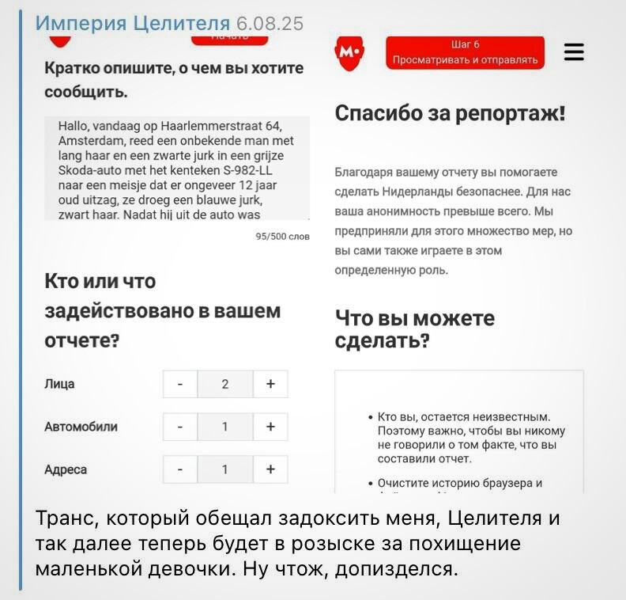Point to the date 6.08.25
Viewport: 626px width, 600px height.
[270, 23]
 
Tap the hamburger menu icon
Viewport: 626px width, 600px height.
[574, 53]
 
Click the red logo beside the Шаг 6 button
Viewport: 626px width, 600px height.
[349, 52]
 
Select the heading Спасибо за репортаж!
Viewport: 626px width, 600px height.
[451, 113]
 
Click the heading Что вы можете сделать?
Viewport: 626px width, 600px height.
[415, 329]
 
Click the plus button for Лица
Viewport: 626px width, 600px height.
[271, 384]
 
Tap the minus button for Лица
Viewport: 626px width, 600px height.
[180, 384]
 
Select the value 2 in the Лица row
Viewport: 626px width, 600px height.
[225, 384]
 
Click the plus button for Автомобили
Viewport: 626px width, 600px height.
[271, 427]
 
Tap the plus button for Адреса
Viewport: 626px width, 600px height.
[271, 469]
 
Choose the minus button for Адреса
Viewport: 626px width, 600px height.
[180, 469]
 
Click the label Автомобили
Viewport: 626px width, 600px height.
[81, 427]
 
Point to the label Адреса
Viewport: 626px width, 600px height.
[66, 469]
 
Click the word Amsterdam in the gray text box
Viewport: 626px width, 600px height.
[85, 140]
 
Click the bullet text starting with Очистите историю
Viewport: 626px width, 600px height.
[460, 483]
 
